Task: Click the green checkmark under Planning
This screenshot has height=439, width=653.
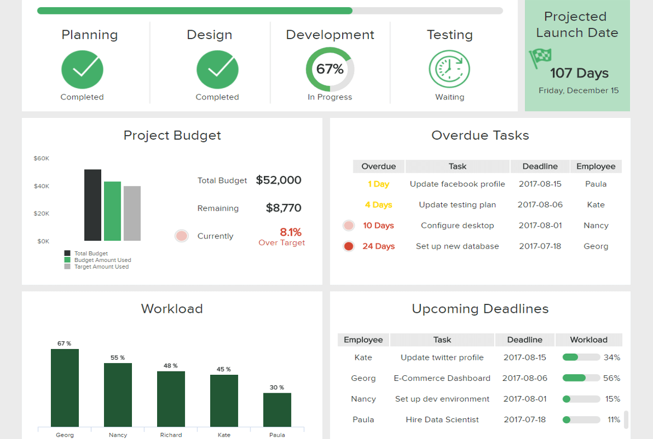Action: pos(82,70)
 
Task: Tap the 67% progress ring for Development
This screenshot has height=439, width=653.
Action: pos(330,69)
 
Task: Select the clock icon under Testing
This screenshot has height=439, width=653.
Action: pos(449,69)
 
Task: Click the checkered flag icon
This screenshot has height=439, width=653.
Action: pos(540,56)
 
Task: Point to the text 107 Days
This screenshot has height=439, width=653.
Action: pos(579,73)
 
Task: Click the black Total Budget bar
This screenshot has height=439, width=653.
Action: pos(93,205)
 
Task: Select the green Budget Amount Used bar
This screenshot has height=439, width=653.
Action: pos(112,211)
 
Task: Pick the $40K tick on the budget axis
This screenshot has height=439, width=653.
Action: pos(41,186)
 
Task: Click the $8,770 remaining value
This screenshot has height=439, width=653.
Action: pos(283,208)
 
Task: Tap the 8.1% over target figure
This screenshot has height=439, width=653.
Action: pos(291,232)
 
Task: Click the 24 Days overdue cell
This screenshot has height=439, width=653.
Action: pos(378,246)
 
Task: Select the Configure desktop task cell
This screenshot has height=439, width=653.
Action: pos(457,226)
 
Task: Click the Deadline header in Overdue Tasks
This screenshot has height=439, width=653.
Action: pos(540,166)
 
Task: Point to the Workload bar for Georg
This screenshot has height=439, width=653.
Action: pos(65,388)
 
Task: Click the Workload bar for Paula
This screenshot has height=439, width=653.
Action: pos(277,410)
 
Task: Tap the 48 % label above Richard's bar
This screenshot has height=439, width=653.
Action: pos(171,366)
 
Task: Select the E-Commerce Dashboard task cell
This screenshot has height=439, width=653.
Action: pos(442,378)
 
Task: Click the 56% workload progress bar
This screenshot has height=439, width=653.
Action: pos(581,378)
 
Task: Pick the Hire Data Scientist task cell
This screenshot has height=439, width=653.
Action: pos(442,419)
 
